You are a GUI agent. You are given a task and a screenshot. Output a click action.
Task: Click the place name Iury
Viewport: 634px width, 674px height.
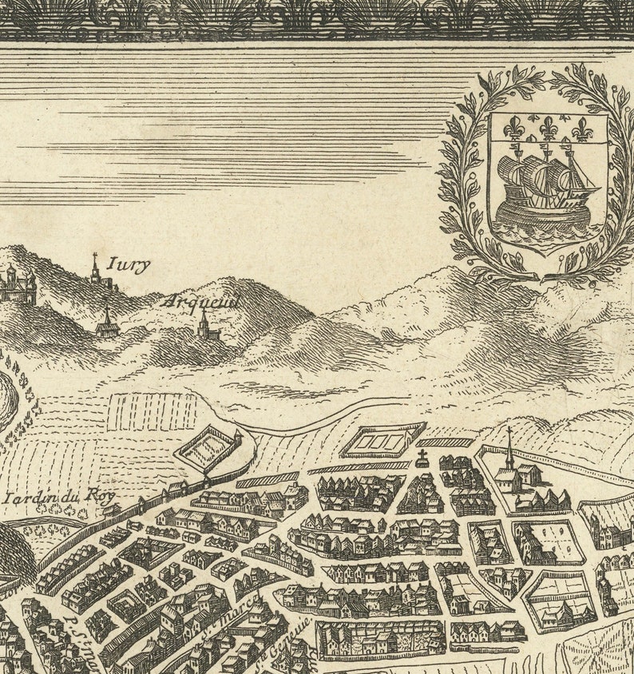click(128, 265)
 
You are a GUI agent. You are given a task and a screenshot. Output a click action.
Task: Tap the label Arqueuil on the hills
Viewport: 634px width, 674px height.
click(200, 302)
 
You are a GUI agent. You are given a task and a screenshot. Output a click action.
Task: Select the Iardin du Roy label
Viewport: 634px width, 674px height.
click(59, 498)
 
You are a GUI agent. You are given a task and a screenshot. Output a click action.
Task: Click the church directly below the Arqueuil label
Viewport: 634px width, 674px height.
click(206, 327)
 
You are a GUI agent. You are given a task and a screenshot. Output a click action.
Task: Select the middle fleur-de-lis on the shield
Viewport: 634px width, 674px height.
click(548, 127)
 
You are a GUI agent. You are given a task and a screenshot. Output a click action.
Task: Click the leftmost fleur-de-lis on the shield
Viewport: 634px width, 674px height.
click(513, 128)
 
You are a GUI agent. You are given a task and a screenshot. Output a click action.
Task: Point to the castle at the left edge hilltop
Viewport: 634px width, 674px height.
click(18, 285)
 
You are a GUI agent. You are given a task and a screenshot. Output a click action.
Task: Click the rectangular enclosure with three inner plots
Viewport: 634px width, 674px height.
click(383, 440)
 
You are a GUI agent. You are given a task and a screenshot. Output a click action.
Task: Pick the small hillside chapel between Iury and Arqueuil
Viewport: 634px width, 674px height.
click(107, 323)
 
